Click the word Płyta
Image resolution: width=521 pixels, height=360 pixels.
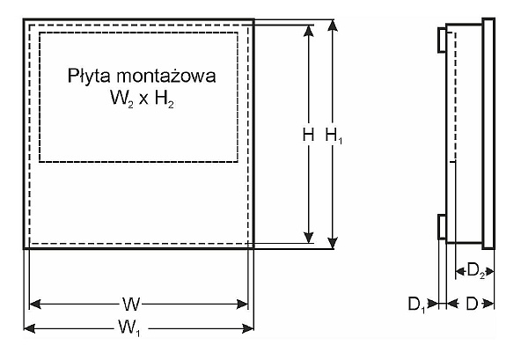pyautogui.click(x=88, y=76)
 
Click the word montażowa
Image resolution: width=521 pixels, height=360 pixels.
pyautogui.click(x=166, y=76)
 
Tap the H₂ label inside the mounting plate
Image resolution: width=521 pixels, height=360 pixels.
pyautogui.click(x=165, y=99)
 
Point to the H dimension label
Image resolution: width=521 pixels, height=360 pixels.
pyautogui.click(x=308, y=136)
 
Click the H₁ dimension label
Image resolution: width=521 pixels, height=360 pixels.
pyautogui.click(x=334, y=136)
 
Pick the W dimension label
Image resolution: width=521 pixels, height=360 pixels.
pyautogui.click(x=131, y=304)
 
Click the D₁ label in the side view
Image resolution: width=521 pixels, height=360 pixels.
pyautogui.click(x=416, y=305)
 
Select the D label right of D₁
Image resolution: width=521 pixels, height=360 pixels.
pyautogui.click(x=472, y=304)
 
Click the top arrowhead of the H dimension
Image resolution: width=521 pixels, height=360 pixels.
pyautogui.click(x=309, y=31)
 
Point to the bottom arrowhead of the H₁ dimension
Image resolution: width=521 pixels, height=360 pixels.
pyautogui.click(x=333, y=243)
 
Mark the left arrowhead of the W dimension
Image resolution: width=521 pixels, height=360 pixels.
pyautogui.click(x=35, y=304)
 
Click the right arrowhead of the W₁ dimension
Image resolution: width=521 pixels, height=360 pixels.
pyautogui.click(x=248, y=329)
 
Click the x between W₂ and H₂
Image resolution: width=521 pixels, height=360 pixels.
pyautogui.click(x=143, y=100)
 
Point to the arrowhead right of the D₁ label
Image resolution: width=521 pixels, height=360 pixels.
pyautogui.click(x=433, y=304)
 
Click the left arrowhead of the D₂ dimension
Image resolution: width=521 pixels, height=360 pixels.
pyautogui.click(x=460, y=272)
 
